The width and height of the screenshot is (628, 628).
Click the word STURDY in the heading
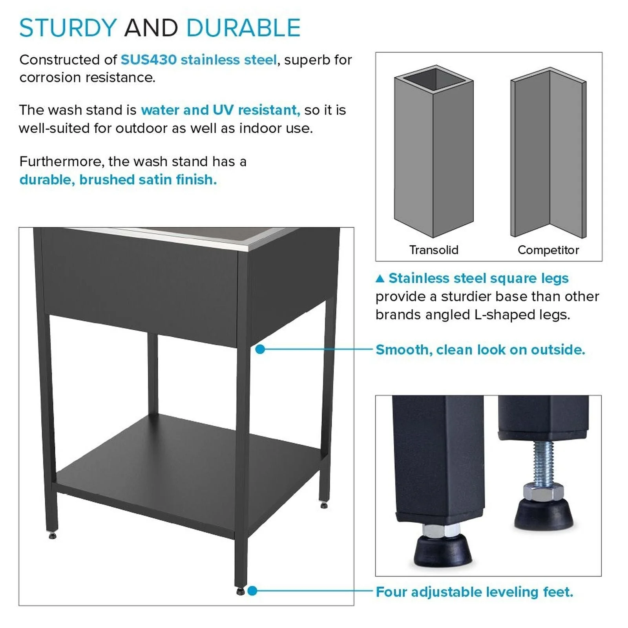coord(68,28)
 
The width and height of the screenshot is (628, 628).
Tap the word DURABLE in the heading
coord(243,28)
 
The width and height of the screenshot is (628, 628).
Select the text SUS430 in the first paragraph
coord(148,60)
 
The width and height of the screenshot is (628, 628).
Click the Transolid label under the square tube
coord(434,250)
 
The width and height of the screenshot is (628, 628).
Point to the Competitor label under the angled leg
coord(548,250)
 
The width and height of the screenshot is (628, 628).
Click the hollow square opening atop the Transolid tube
coord(434,80)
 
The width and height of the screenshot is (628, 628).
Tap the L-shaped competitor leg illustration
coord(549,153)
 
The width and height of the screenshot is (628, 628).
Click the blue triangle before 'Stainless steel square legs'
coord(380,279)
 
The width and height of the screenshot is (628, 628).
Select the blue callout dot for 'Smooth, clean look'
coord(260,349)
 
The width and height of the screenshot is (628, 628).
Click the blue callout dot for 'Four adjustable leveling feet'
coord(252,591)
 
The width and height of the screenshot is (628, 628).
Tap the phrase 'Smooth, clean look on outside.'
coord(480,349)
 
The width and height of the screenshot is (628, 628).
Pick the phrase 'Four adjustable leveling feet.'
coord(474,591)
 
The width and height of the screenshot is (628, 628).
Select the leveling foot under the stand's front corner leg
coord(240,591)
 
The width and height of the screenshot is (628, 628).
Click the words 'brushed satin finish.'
coord(148,180)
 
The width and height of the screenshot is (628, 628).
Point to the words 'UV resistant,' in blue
coord(256,110)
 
